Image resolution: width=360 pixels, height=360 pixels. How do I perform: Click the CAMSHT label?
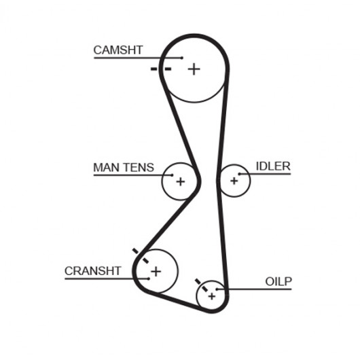[x=118, y=50]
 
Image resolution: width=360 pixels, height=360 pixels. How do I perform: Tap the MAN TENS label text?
[x=124, y=167]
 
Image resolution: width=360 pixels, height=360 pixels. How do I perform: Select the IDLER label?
[x=273, y=166]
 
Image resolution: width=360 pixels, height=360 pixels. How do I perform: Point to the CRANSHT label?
[x=93, y=271]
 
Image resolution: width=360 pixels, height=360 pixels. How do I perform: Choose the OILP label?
[x=278, y=281]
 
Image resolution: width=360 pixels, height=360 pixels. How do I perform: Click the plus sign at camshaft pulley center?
[x=194, y=69]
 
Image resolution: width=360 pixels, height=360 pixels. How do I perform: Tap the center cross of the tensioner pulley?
[x=181, y=181]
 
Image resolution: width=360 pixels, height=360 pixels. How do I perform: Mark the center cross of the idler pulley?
[x=234, y=181]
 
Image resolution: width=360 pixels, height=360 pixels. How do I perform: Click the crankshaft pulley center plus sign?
[x=156, y=272]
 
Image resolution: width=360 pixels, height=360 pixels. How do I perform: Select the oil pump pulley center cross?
[x=212, y=296]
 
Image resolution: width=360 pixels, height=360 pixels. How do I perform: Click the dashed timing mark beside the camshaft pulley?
[x=161, y=69]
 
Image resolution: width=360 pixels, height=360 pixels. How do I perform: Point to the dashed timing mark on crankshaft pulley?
[x=141, y=255]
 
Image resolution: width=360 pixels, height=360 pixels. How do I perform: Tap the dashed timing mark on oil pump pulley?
[x=201, y=285]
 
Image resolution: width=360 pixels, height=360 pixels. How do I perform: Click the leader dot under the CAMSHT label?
[x=182, y=58]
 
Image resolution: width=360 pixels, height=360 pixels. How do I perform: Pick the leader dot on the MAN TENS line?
[x=172, y=175]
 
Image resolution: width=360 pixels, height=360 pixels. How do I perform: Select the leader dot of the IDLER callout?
[x=239, y=174]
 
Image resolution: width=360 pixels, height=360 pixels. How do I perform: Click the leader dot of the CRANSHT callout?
[x=149, y=278]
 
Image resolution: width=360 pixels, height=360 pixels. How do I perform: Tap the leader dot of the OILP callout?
[x=217, y=289]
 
